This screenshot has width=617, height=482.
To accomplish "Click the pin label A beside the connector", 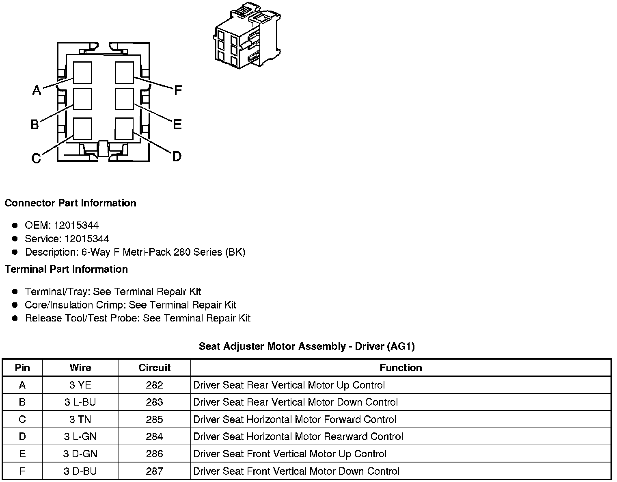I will point(37,90).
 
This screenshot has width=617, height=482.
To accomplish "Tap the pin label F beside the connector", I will point(177,90).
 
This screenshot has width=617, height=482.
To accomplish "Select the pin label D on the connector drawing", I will point(177,156).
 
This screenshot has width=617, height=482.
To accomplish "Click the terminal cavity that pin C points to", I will point(83,129).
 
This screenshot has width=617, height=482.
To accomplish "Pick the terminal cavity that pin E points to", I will point(124,99).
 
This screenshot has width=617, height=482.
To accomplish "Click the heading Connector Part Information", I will point(70,203).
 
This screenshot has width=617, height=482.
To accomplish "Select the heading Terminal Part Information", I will point(66,269).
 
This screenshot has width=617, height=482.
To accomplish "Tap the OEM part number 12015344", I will point(76,225).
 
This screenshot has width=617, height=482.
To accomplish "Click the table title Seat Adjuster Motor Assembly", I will point(306,346).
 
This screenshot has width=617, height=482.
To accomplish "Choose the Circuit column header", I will point(154,368).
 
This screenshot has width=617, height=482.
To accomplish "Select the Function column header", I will point(401,368).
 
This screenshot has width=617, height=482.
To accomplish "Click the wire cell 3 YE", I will point(80,385).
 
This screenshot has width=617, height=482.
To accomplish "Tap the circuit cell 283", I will point(154,402).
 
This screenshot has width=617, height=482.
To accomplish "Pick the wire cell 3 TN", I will point(80,419).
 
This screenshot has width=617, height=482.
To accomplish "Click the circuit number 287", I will point(154,471).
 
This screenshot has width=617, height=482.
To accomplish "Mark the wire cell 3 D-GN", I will point(80,454).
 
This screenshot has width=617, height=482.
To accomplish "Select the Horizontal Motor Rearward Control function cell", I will point(298,437).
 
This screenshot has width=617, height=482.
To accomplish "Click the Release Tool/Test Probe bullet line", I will point(138,318).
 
